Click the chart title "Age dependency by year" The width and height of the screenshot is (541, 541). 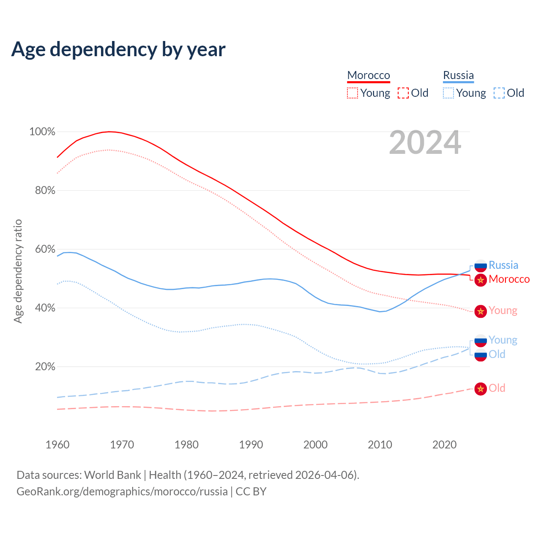tap(118, 49)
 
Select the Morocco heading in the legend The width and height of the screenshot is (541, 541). tap(369, 75)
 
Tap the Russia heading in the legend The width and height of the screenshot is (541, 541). tap(458, 75)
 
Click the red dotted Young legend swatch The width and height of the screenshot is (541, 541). tap(352, 93)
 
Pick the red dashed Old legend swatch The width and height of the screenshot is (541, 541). tap(403, 93)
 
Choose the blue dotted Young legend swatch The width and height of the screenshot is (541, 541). tap(448, 93)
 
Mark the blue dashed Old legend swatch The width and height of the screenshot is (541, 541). tap(499, 93)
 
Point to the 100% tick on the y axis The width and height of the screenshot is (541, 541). tap(42, 132)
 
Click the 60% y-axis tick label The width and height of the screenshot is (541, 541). tap(45, 249)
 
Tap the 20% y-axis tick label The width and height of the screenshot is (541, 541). tap(45, 366)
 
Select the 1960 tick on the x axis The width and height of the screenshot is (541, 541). tap(57, 445)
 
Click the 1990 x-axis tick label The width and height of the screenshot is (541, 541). tap(251, 445)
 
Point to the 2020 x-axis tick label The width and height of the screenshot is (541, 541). tap(445, 445)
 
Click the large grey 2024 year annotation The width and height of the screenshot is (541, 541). tap(425, 143)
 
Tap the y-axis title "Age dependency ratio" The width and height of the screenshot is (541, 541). tap(18, 271)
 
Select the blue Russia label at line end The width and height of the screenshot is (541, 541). tap(503, 265)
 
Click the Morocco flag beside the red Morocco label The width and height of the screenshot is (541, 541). tap(481, 280)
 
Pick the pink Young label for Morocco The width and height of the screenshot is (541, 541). tap(503, 311)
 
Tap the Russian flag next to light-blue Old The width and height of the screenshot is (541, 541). tap(481, 355)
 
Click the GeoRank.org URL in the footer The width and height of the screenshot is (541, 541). tap(122, 492)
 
